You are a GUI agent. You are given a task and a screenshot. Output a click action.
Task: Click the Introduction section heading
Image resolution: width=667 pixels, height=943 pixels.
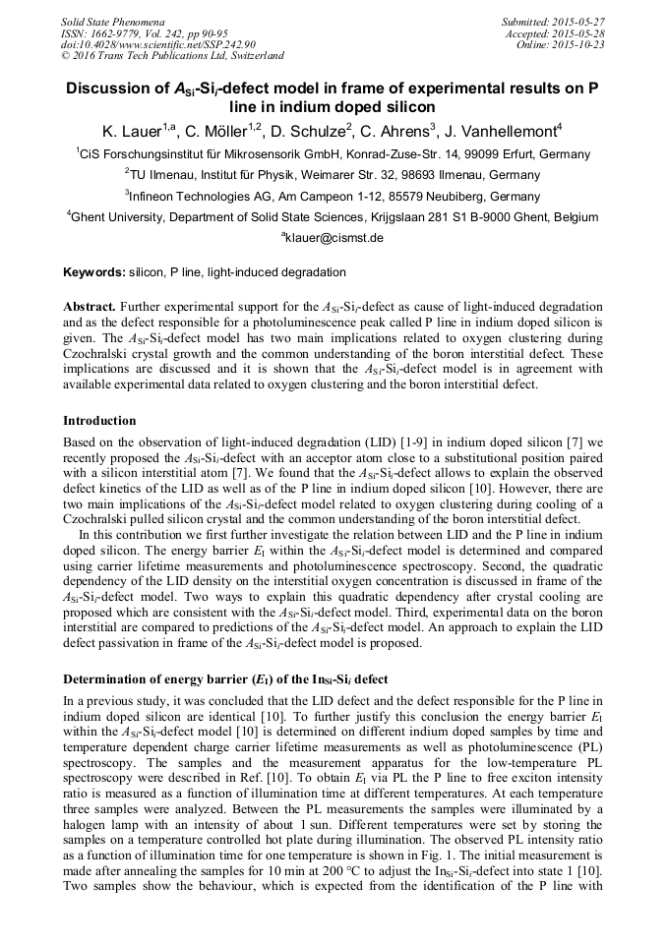pyautogui.click(x=99, y=421)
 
